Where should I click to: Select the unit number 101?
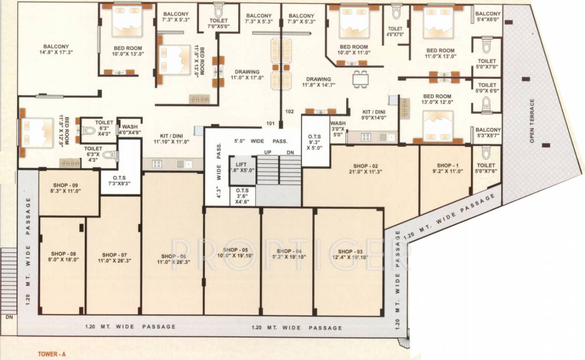click(x=270, y=124)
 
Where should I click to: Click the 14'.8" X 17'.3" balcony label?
click(x=56, y=49)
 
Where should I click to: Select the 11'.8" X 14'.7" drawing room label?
click(x=318, y=82)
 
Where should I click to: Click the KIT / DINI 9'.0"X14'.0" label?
click(x=374, y=115)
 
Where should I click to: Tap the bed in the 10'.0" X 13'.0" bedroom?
click(x=127, y=22)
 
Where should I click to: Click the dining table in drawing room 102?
click(x=360, y=78)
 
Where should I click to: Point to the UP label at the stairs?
click(x=268, y=153)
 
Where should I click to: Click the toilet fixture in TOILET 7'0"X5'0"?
click(x=218, y=10)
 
